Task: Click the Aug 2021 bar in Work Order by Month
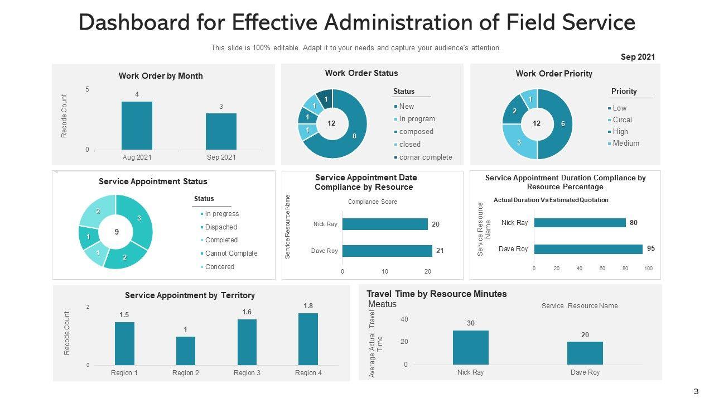(x=137, y=125)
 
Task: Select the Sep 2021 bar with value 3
(x=221, y=131)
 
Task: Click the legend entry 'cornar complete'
(x=425, y=157)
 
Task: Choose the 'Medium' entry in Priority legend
(x=625, y=143)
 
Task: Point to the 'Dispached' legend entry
(x=220, y=227)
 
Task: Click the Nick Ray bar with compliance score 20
(x=385, y=224)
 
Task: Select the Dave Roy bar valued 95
(x=588, y=249)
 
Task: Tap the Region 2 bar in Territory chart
(x=186, y=351)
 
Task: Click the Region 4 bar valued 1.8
(x=308, y=339)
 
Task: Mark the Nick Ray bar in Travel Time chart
(x=470, y=347)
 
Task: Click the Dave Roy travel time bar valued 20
(x=585, y=353)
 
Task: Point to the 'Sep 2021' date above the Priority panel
(x=638, y=57)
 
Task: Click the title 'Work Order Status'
(x=361, y=73)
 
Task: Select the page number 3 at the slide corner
(x=696, y=391)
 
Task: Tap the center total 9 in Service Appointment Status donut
(x=117, y=232)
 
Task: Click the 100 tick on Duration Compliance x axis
(x=648, y=269)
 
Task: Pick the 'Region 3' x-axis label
(x=247, y=373)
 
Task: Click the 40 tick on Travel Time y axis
(x=404, y=319)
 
